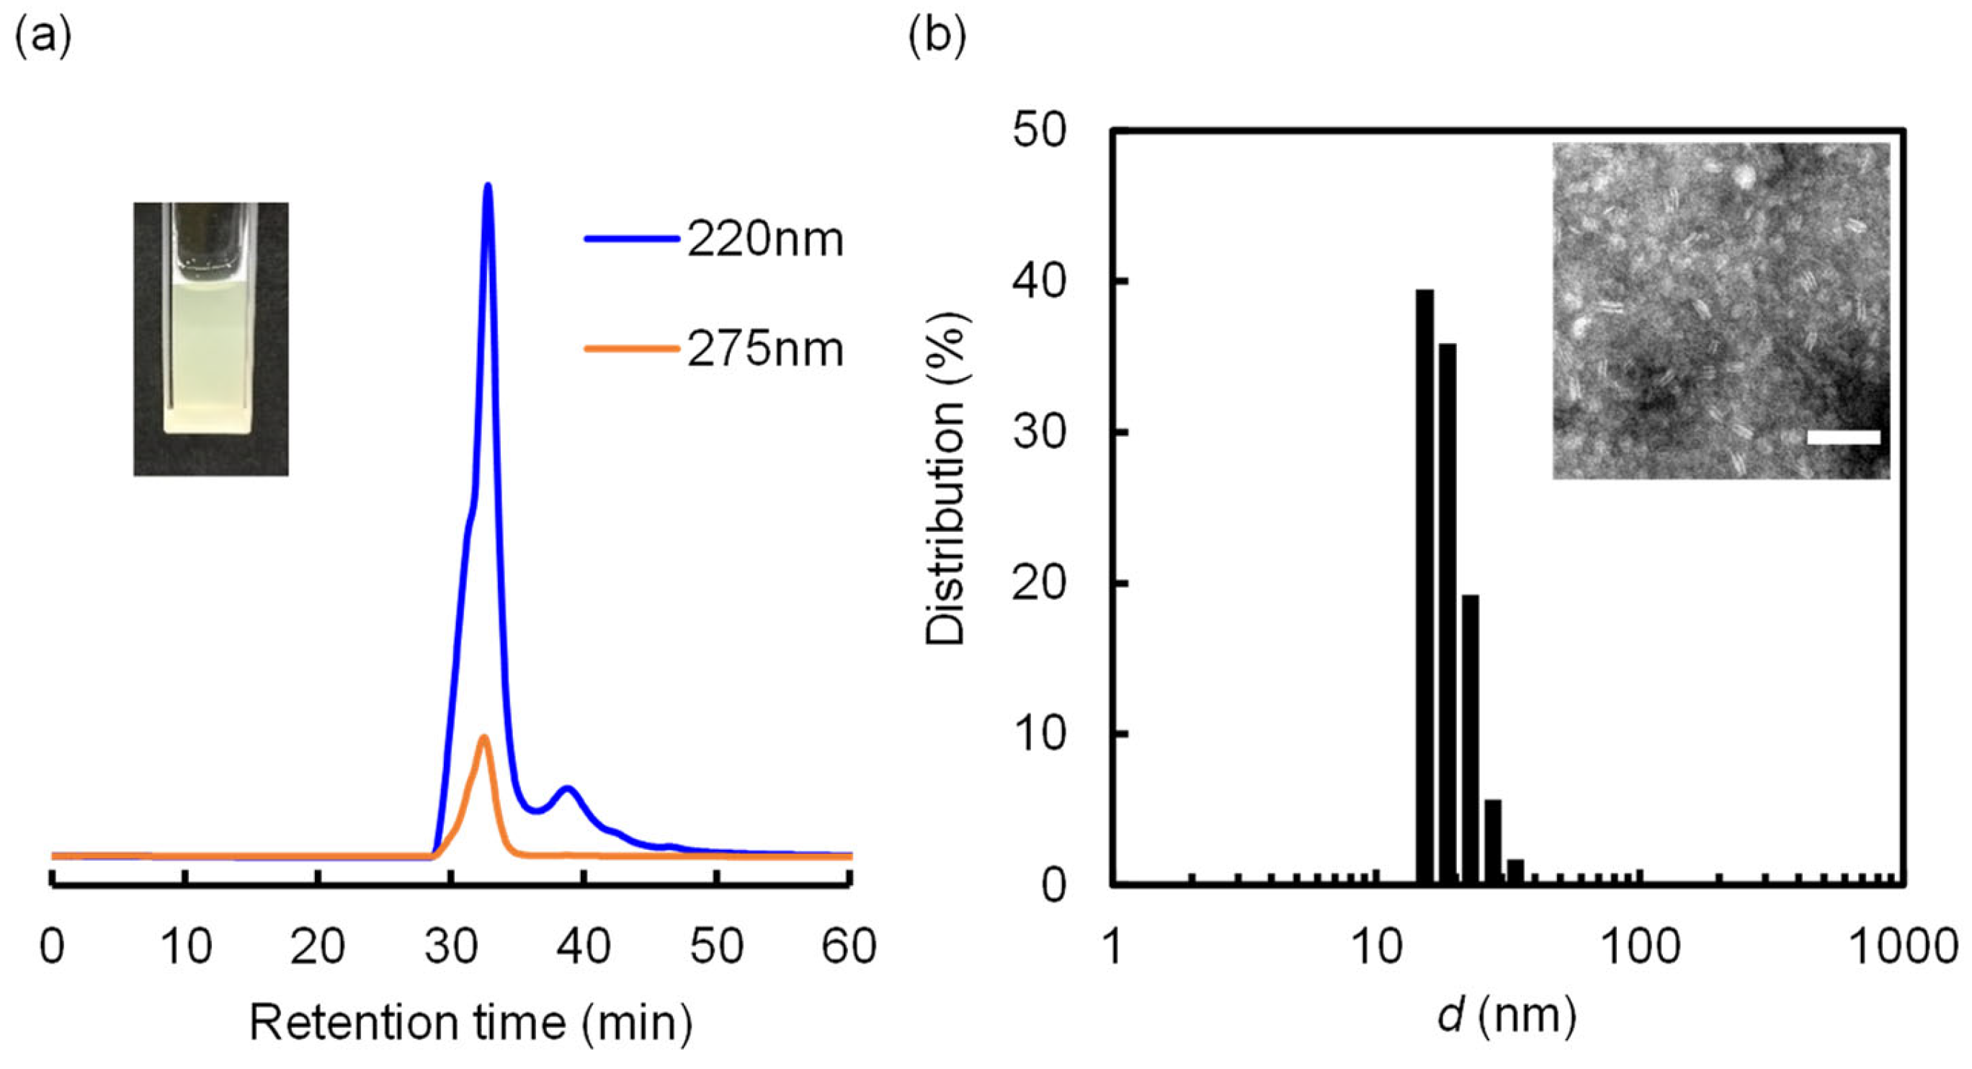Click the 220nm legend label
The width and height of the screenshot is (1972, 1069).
tap(764, 240)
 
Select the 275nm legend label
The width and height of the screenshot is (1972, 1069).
tap(764, 350)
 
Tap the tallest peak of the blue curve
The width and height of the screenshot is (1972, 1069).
tap(488, 187)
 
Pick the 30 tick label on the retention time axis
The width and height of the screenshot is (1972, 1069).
tap(451, 946)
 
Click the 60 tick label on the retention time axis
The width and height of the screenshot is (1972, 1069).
tap(848, 946)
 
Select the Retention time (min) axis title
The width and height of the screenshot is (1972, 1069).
tap(470, 1023)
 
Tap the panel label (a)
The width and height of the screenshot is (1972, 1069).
tap(43, 36)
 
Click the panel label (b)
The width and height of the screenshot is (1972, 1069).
tap(937, 36)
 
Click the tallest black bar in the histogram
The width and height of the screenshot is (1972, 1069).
tap(1424, 586)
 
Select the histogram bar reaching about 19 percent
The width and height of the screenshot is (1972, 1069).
tap(1470, 739)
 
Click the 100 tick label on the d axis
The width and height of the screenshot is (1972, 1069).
tap(1641, 946)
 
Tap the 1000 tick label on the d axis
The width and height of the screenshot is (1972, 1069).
tap(1902, 946)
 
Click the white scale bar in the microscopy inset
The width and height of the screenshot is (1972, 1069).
tap(1843, 438)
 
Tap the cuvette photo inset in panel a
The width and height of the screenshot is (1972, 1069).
tap(210, 339)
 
